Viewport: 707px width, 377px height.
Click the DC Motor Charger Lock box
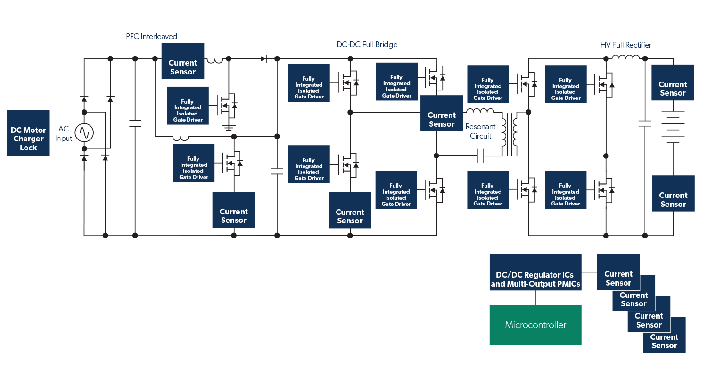point(28,133)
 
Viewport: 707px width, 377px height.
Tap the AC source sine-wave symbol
point(85,133)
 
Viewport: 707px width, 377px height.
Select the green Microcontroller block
point(535,325)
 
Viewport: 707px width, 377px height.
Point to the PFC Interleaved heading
point(151,36)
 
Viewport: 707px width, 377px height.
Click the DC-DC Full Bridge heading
point(367,45)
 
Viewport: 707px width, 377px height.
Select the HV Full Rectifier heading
point(625,45)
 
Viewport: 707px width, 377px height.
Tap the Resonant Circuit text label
point(480,131)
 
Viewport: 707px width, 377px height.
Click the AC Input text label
point(64,133)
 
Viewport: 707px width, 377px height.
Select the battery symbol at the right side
point(673,126)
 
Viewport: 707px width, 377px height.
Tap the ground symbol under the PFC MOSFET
point(229,127)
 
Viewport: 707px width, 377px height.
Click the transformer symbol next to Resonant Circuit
point(510,134)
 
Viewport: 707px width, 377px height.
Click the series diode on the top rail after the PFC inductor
point(264,59)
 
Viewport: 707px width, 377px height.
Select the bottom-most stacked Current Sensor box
point(664,335)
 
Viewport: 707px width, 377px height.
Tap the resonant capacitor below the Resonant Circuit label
point(480,156)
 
